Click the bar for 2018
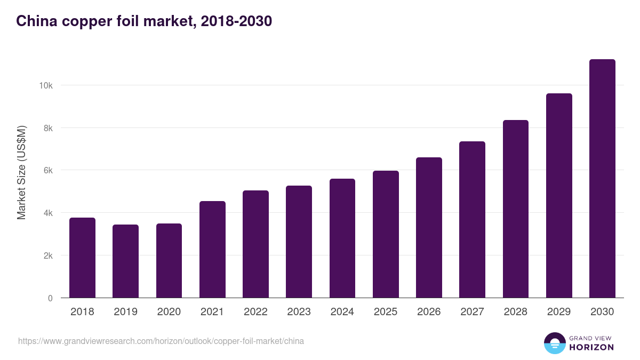[82, 258]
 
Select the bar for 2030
[602, 179]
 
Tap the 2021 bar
[212, 250]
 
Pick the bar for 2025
[386, 234]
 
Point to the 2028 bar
[516, 209]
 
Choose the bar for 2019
[125, 261]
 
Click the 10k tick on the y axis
[46, 85]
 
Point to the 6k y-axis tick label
[48, 171]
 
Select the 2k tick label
[48, 255]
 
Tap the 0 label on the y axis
[50, 298]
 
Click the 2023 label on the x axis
[299, 311]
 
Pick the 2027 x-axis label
[473, 311]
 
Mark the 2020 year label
[169, 311]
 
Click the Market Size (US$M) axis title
[21, 173]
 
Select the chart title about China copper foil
[144, 21]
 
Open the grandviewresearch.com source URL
[161, 341]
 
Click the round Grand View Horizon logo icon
[555, 343]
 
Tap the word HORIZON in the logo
[591, 347]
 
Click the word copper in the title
[87, 22]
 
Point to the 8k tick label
[48, 129]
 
